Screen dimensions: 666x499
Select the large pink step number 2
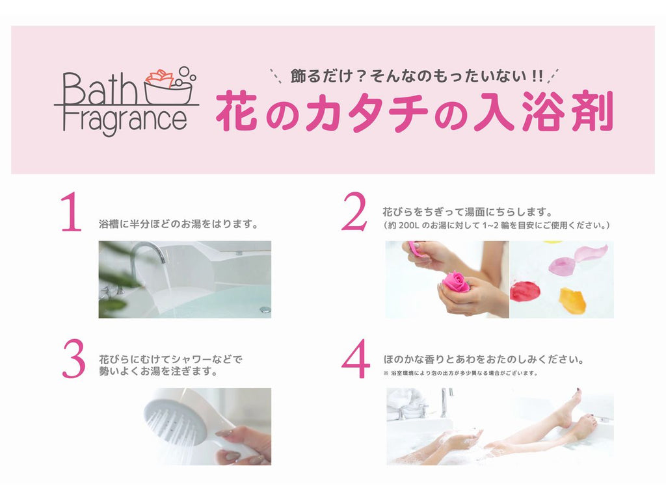[x=354, y=211]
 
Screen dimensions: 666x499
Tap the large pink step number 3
[x=74, y=359]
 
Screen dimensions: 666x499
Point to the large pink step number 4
[x=356, y=359]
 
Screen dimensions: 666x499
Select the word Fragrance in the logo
[x=125, y=120]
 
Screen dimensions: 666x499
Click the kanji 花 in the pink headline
[x=237, y=111]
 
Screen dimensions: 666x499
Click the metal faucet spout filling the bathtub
[x=148, y=254]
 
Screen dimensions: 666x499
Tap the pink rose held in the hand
[x=456, y=282]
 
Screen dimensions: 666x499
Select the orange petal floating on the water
[x=572, y=300]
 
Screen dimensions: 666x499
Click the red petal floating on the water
[x=525, y=292]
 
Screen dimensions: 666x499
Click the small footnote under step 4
[x=461, y=374]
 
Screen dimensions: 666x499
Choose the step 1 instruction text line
[x=178, y=224]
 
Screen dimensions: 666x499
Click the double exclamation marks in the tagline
[x=537, y=76]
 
